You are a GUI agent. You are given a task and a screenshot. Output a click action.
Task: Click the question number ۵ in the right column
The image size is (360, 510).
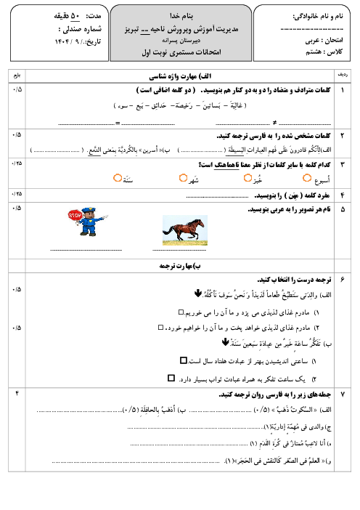pyautogui.click(x=342, y=209)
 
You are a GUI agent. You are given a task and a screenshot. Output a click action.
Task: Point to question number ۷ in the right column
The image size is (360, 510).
pyautogui.click(x=342, y=394)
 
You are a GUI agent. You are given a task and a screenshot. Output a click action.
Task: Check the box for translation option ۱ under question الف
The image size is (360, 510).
pyautogui.click(x=181, y=312)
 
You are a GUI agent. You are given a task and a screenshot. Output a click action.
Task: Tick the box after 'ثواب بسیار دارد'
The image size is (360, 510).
pyautogui.click(x=171, y=378)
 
